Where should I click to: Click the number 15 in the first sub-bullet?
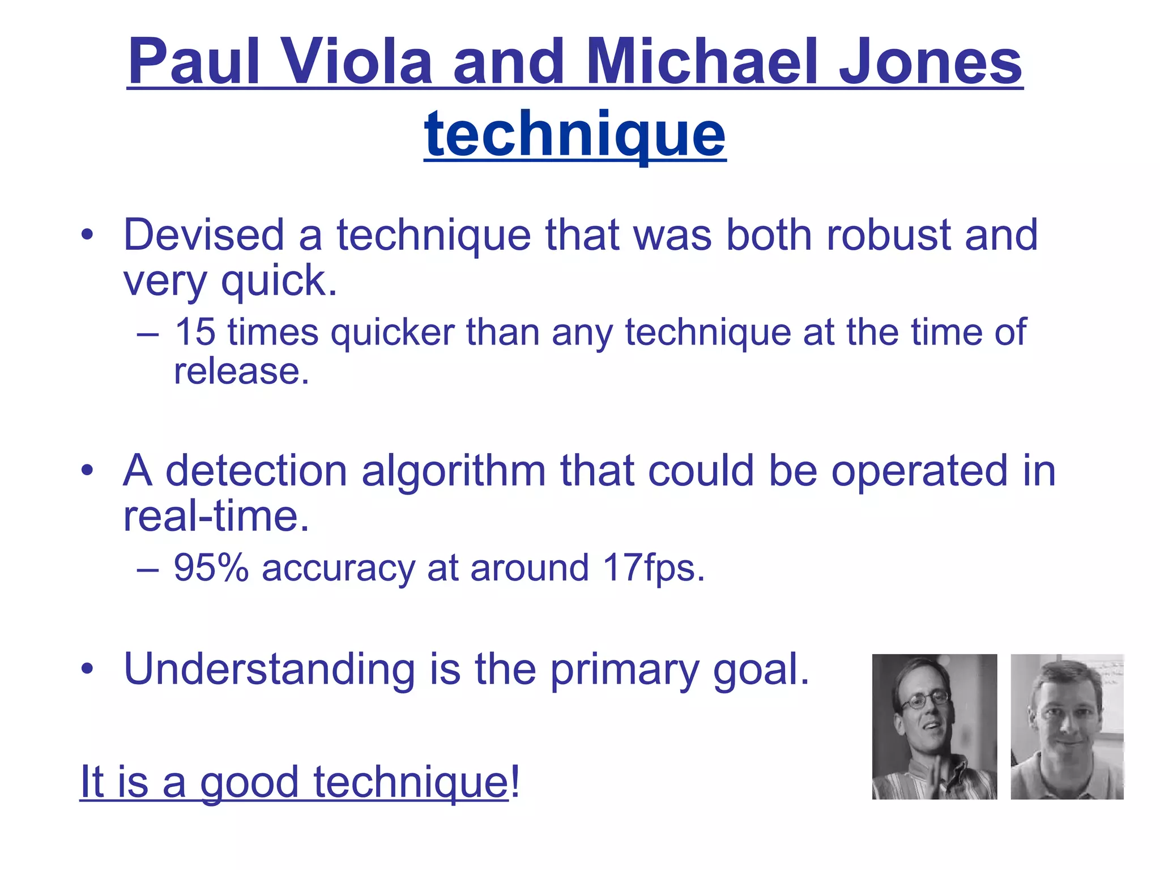tap(195, 332)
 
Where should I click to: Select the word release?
tap(241, 372)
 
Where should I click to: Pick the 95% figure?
tap(211, 568)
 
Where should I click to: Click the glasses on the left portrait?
tap(924, 701)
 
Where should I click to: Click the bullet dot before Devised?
tap(86, 235)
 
